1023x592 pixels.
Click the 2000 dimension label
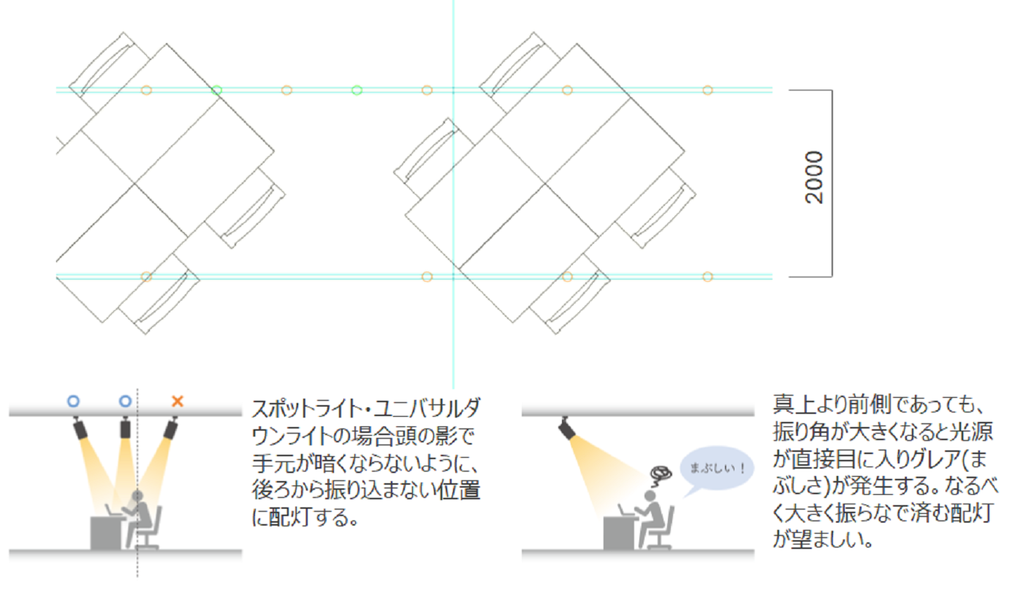coord(814,177)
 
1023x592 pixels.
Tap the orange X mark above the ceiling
coord(177,401)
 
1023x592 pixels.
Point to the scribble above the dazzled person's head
coord(661,476)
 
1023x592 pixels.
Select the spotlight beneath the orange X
coord(171,428)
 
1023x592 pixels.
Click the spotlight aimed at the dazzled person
coord(567,428)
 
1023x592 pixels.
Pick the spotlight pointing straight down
coord(125,428)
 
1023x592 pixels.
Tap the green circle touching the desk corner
coord(217,91)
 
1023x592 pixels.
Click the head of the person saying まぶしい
coord(650,496)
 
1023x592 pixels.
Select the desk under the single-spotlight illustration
coord(618,533)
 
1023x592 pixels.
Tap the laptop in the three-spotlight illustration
coord(112,510)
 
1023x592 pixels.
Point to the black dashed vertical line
coord(137,483)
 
